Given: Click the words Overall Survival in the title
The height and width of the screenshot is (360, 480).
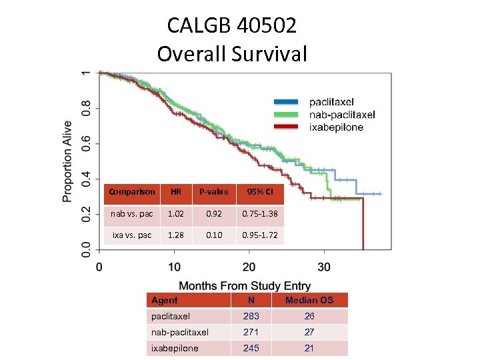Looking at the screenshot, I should (232, 53).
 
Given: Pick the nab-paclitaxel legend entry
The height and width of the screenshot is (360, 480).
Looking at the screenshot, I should (342, 115).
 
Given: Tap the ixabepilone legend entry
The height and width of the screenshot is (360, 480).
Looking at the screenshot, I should (336, 127).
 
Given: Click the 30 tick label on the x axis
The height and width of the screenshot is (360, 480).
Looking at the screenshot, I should (323, 267).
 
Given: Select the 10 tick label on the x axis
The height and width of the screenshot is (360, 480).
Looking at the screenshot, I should (174, 267).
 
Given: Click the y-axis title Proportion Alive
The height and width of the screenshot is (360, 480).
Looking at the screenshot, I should (68, 161).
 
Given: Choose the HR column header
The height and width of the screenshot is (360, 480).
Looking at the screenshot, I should (176, 192).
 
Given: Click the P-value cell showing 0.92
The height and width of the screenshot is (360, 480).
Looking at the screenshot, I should (214, 214).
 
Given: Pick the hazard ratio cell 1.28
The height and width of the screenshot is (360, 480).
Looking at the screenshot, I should (176, 235).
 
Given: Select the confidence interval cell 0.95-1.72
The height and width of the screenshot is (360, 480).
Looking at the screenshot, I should (260, 235).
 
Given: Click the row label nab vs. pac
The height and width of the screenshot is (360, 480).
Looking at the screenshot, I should (131, 214).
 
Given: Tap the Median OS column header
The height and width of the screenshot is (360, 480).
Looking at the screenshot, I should (309, 300).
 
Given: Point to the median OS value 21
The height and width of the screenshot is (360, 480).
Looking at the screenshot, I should (309, 348).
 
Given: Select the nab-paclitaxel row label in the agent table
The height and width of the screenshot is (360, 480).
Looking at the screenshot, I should (180, 332).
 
